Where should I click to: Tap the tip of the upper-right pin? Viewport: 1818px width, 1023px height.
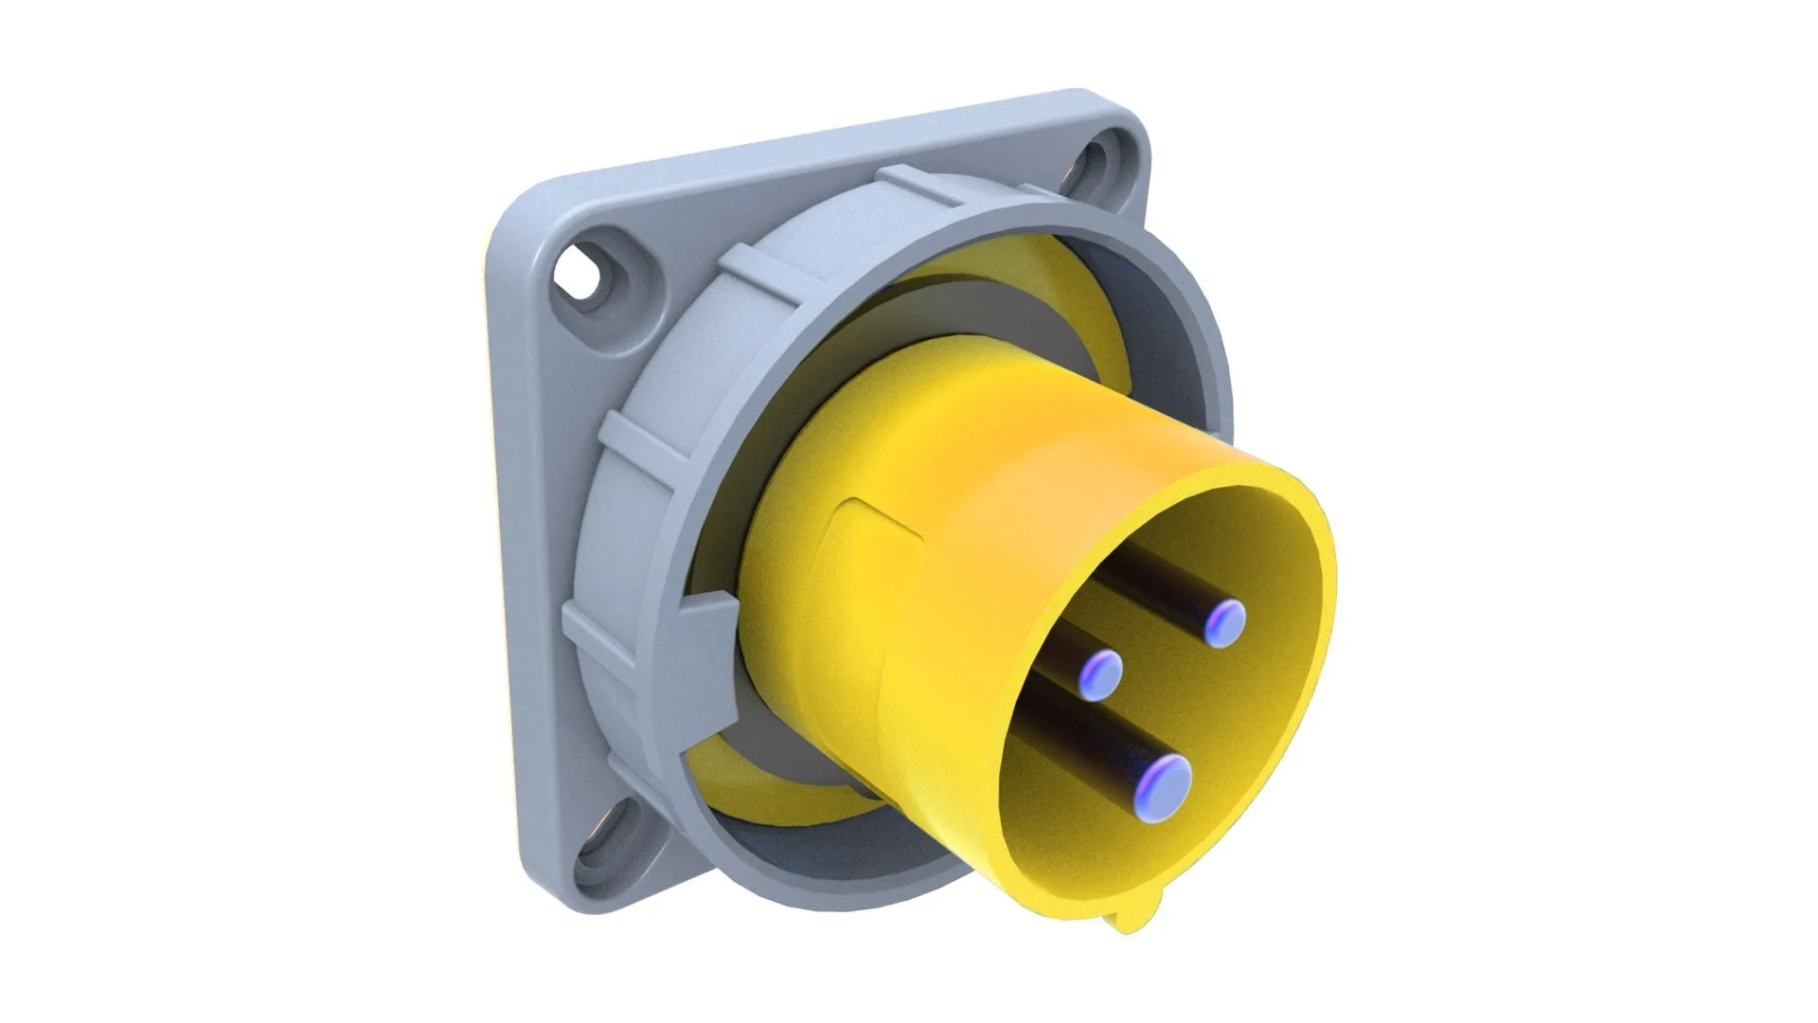coord(1225,622)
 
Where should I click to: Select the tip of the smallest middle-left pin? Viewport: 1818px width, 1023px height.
coord(1101,674)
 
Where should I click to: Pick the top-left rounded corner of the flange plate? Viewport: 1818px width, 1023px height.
coord(517,218)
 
